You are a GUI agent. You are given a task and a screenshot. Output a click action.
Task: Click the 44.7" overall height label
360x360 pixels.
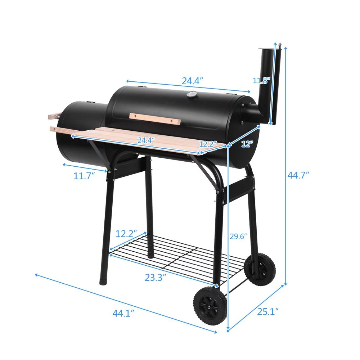pyautogui.click(x=298, y=175)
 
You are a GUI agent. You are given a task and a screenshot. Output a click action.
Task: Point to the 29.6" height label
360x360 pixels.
pyautogui.click(x=238, y=237)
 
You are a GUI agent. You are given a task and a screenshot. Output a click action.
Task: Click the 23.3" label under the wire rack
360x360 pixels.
pyautogui.click(x=155, y=278)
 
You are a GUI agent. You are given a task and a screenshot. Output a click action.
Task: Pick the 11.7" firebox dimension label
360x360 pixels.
pyautogui.click(x=84, y=176)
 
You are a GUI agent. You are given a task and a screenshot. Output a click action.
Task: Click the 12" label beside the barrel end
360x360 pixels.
pyautogui.click(x=247, y=144)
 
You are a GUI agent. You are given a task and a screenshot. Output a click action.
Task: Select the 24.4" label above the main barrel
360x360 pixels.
pyautogui.click(x=192, y=81)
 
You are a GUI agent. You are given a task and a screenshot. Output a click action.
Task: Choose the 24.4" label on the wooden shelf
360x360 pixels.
pyautogui.click(x=146, y=140)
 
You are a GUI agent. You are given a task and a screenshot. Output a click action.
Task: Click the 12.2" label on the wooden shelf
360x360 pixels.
pyautogui.click(x=207, y=144)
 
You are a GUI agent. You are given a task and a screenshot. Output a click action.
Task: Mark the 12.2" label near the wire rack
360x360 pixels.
pyautogui.click(x=126, y=234)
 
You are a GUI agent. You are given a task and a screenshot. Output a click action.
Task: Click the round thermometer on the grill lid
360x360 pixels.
pyautogui.click(x=191, y=95)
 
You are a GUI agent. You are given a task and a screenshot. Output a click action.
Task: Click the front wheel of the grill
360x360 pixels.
pyautogui.click(x=210, y=306)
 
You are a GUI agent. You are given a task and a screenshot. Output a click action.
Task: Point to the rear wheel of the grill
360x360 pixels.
pyautogui.click(x=260, y=269)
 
